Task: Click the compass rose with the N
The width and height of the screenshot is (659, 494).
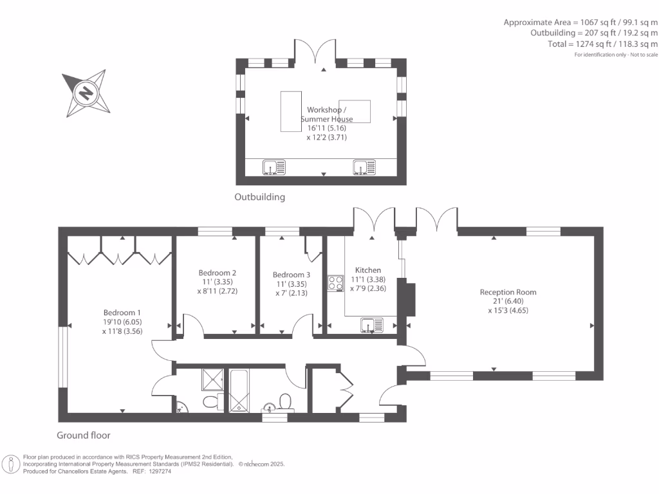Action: coord(86,94)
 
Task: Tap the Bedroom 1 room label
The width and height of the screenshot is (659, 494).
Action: coord(121,313)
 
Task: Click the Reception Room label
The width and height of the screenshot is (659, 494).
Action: coord(508,292)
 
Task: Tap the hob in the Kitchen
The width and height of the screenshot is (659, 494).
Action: coord(335,283)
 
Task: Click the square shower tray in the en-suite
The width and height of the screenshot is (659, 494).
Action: coord(211,380)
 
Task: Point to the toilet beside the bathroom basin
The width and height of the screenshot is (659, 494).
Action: coord(286,402)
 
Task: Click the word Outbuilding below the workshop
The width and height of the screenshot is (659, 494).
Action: coord(259,197)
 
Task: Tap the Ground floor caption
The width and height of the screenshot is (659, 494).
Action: coord(79,435)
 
